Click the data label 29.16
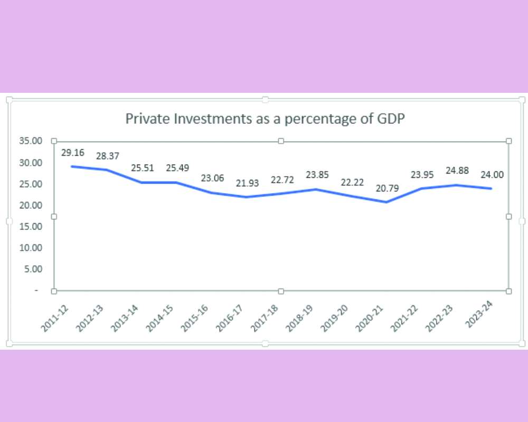pos(72,154)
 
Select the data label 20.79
pos(387,189)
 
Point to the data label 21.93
pos(247,184)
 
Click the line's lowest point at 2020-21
pos(387,202)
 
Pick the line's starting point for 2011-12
pos(72,166)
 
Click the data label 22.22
pos(352,183)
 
